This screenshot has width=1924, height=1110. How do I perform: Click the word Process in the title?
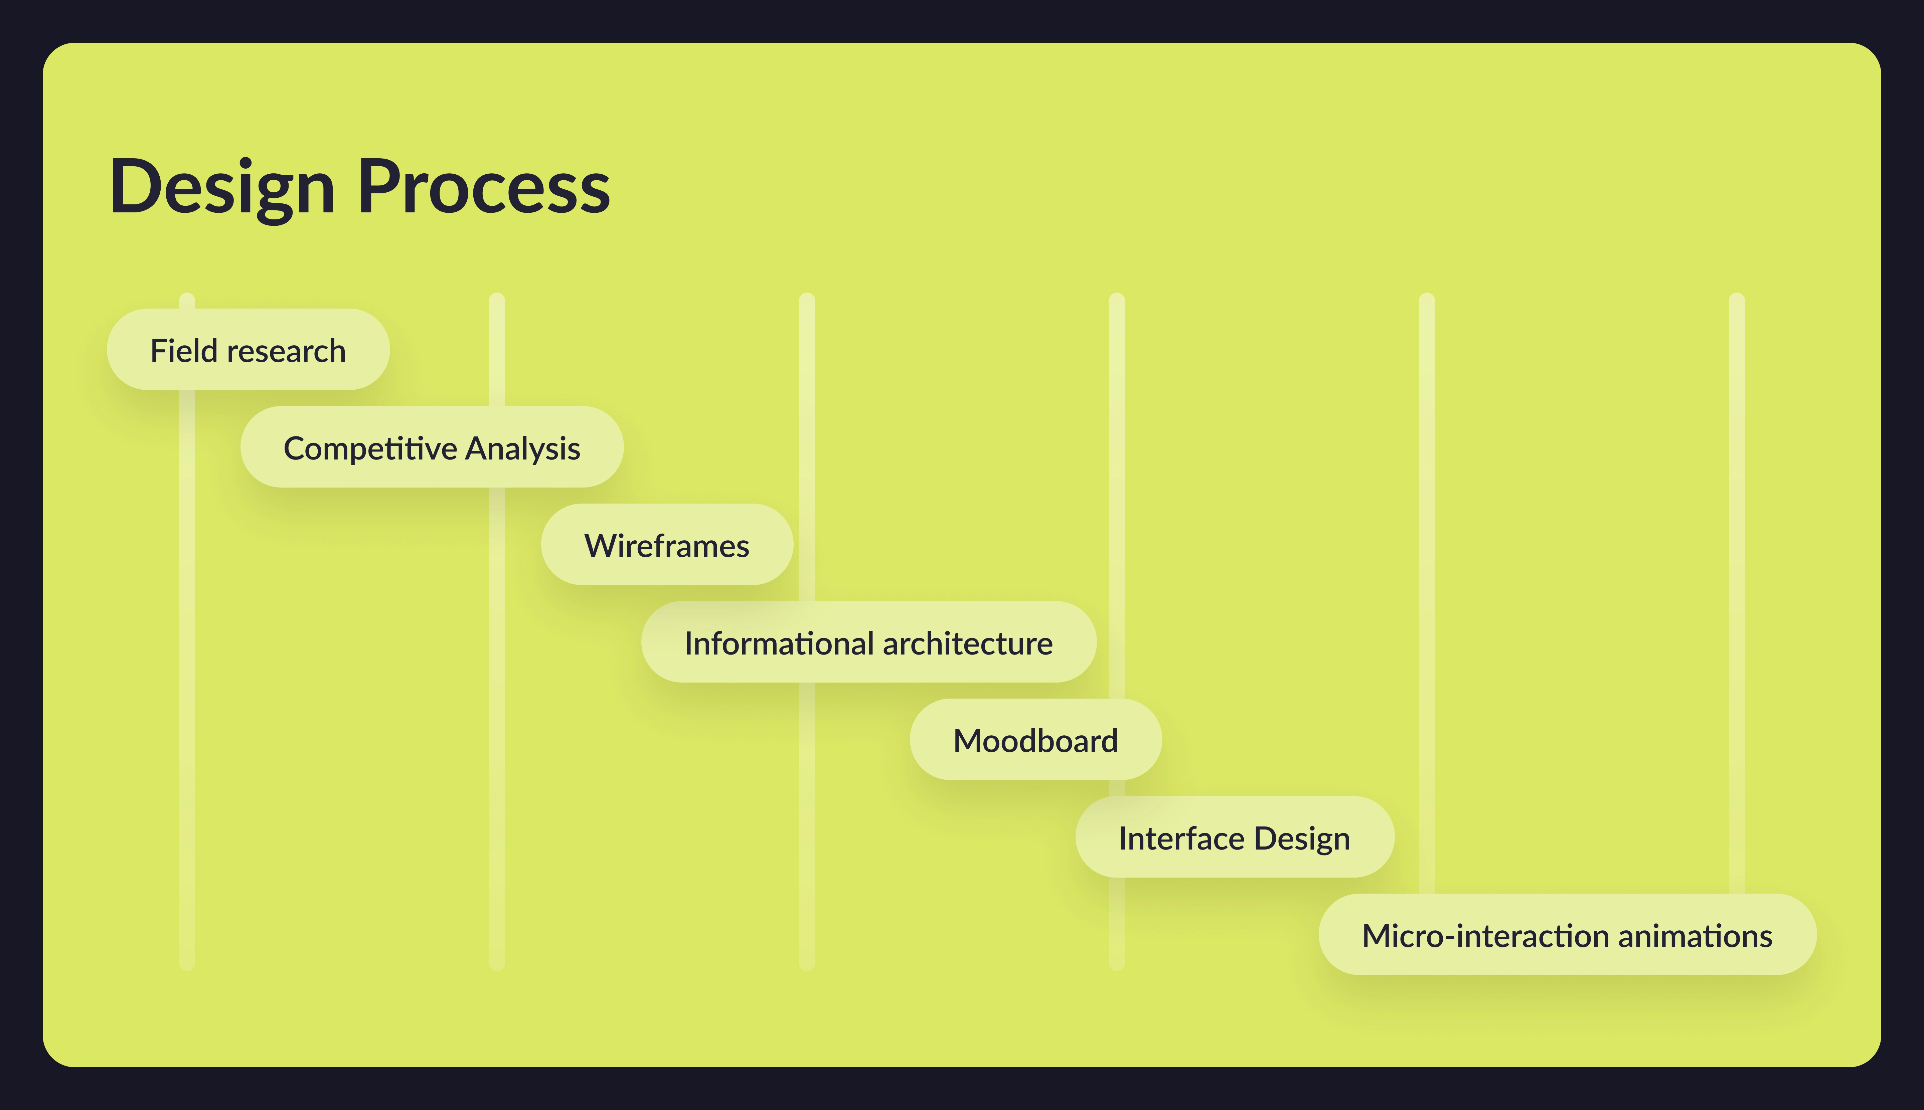pyautogui.click(x=484, y=187)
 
